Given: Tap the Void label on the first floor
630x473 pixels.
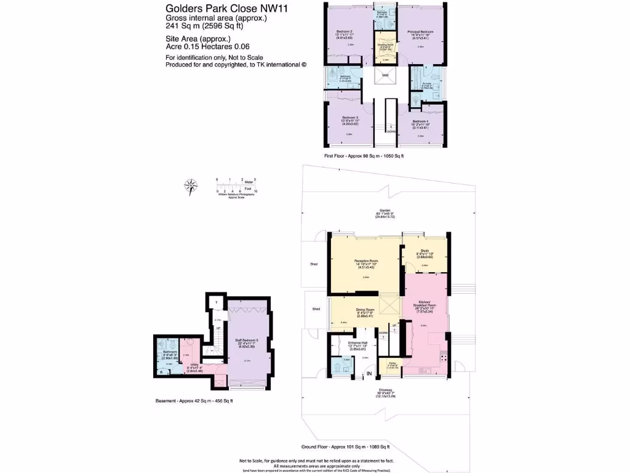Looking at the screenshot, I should point(385,76).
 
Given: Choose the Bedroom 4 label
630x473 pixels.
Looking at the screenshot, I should point(420,121).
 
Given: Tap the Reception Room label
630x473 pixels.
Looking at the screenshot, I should point(366,261).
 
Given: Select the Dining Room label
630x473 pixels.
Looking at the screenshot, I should point(365,310).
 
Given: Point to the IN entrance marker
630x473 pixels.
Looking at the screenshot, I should point(370,373).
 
